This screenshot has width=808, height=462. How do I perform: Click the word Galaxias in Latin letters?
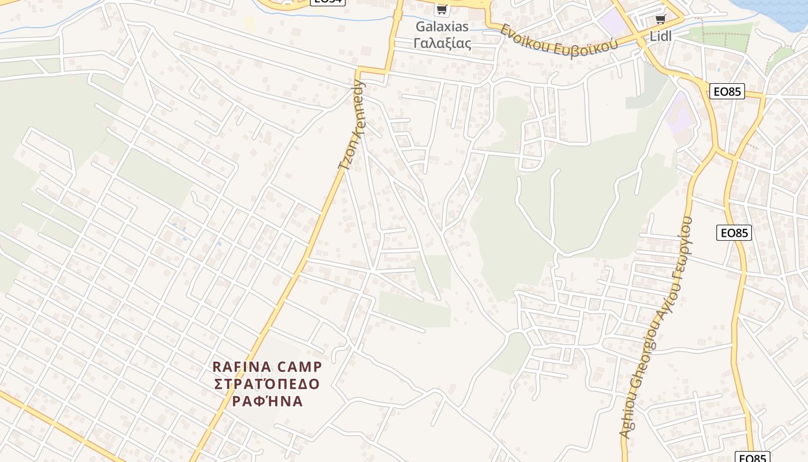442,27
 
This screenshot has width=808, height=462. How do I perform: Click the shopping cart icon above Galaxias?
442,9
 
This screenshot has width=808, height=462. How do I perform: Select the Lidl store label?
661,36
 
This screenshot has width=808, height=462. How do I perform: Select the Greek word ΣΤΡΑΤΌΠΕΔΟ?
267,384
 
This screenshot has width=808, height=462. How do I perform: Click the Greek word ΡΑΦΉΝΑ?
267,401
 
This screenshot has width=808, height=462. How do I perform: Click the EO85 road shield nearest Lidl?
727,91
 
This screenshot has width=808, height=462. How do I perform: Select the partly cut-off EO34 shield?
328,2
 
